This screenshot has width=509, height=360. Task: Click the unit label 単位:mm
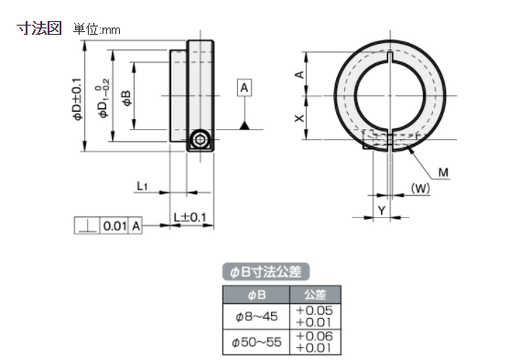(97, 29)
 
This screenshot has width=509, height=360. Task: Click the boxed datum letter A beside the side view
(244, 88)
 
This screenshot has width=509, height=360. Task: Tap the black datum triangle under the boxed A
(244, 123)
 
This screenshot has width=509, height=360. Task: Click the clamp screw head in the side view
(201, 140)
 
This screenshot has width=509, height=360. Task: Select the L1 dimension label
(142, 186)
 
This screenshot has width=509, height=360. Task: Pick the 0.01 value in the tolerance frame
(114, 224)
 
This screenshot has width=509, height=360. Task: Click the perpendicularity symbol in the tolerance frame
(86, 224)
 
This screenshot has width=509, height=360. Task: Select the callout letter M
(443, 172)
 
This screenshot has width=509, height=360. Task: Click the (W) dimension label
(420, 189)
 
